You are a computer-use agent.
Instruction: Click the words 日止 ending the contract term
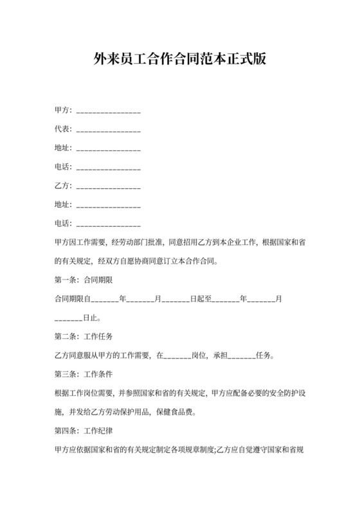pyautogui.click(x=91, y=317)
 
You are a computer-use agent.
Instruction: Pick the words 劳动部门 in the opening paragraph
pyautogui.click(x=138, y=243)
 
